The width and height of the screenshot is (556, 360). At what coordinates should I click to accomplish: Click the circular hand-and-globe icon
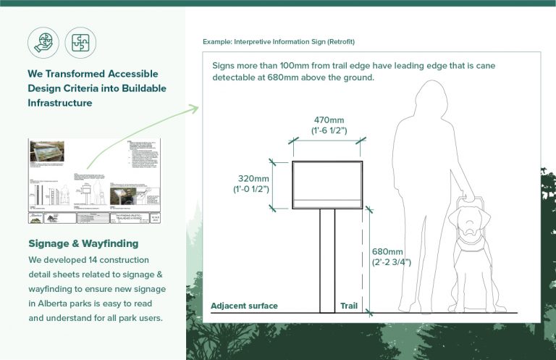(43, 43)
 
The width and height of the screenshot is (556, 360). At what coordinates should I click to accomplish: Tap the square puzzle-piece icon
(80, 43)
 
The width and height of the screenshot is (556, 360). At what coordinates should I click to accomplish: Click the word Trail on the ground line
(349, 306)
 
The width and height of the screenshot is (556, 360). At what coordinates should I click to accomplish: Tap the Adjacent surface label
(244, 306)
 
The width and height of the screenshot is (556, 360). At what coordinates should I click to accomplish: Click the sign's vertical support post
(327, 261)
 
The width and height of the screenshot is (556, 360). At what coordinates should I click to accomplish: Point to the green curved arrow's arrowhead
(193, 109)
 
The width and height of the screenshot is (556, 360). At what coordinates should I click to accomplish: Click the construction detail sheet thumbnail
(95, 181)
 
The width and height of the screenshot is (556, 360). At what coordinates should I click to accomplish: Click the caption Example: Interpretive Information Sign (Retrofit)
(279, 42)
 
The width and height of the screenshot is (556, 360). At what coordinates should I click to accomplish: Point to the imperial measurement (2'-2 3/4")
(392, 261)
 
